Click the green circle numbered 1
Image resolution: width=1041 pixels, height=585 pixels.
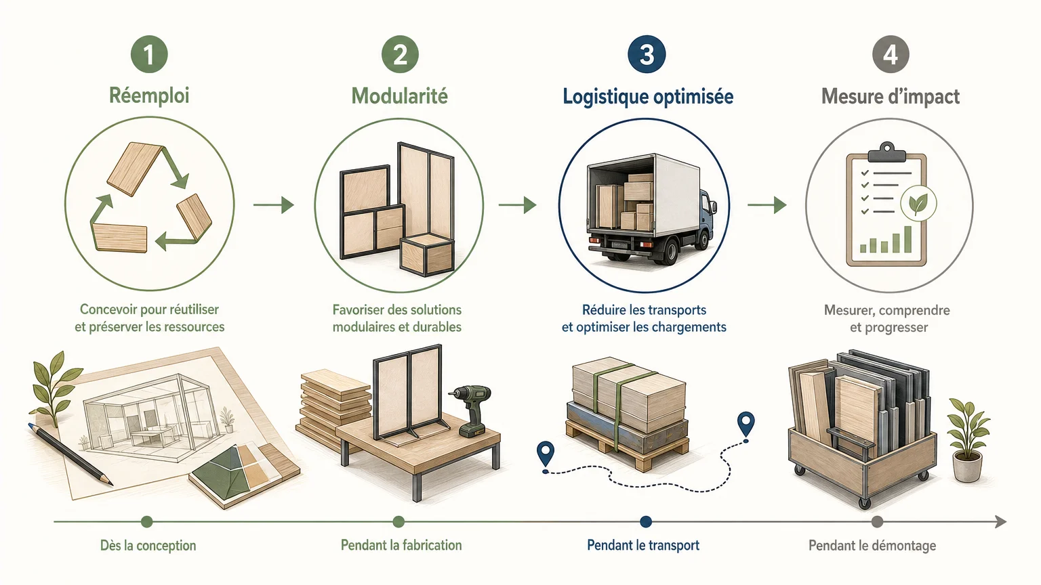tap(149, 54)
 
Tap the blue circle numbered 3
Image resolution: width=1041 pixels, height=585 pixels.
tap(647, 54)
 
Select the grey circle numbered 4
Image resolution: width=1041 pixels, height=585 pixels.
tap(891, 54)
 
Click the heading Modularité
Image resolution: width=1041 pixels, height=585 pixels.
tap(400, 96)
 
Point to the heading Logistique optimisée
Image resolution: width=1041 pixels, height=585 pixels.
tap(648, 97)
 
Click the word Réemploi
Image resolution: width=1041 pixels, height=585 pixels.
tap(149, 95)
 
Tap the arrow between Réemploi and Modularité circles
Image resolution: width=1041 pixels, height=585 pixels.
tap(274, 204)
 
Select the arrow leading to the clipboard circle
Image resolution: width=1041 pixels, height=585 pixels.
tap(767, 204)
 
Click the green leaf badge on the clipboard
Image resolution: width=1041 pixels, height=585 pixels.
tap(918, 203)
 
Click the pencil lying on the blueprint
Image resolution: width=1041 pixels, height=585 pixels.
tap(70, 454)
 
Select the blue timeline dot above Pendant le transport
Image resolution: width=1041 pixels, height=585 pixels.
tap(645, 522)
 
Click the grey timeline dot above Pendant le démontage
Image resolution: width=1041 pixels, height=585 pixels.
tap(877, 522)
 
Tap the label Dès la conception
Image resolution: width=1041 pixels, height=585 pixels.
tap(148, 546)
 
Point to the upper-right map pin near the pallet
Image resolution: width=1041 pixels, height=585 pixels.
tap(746, 424)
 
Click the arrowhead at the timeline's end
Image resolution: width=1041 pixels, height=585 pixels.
tap(1000, 522)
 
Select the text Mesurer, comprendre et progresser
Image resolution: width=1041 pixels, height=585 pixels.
tap(887, 318)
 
